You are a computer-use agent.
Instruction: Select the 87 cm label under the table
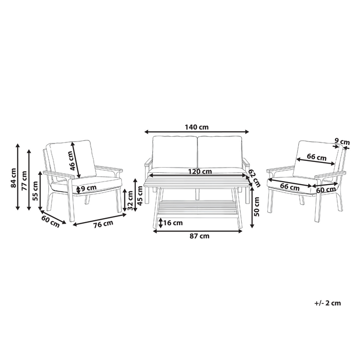pos(199,236)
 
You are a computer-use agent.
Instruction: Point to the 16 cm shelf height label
pos(173,223)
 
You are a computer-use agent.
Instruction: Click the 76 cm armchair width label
pos(103,224)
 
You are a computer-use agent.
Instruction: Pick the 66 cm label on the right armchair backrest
pos(317,157)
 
